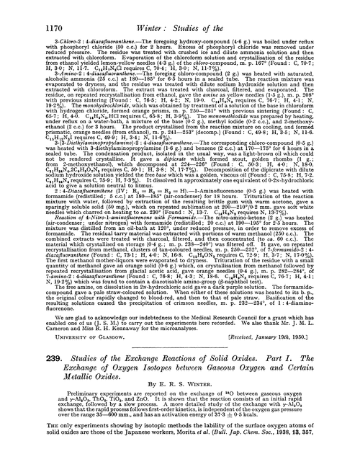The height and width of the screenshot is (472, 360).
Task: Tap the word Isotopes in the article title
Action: click(143, 354)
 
